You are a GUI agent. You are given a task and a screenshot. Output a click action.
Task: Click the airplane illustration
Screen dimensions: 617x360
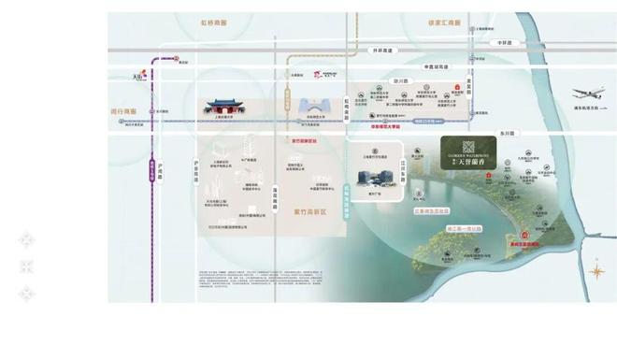(585, 94)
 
